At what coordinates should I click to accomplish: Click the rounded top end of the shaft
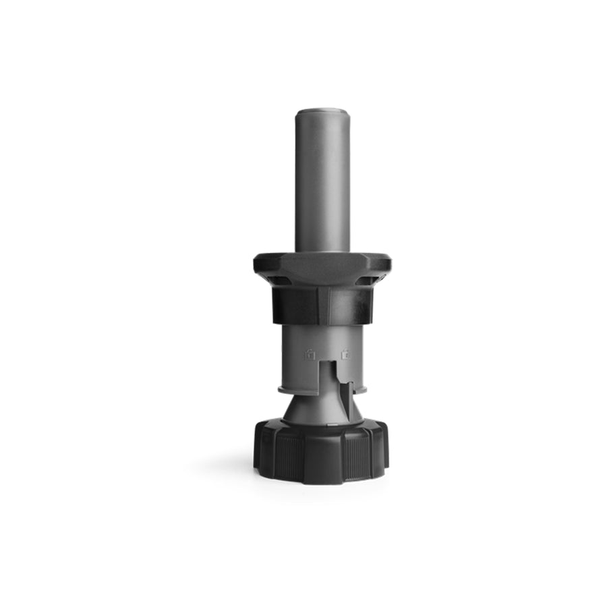pos(322,111)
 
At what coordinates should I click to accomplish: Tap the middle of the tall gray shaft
pos(322,182)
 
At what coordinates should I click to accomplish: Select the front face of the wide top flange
pos(322,268)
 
